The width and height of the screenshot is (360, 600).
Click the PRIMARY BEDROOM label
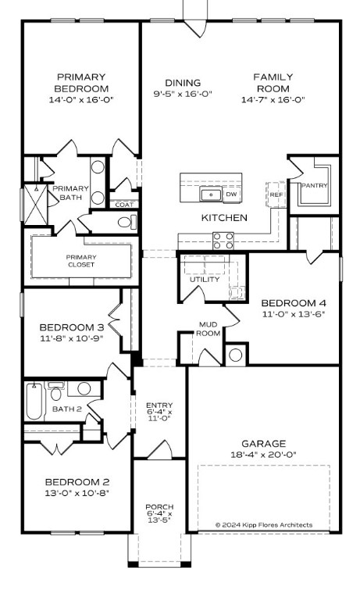(80, 82)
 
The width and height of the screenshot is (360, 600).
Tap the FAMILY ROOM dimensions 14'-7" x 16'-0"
(273, 99)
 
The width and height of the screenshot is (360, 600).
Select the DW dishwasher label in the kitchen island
(231, 195)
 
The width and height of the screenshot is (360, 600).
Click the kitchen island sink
(209, 195)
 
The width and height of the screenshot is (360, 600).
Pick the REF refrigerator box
(276, 194)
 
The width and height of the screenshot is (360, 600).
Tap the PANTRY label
(314, 185)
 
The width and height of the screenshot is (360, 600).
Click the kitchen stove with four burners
(223, 241)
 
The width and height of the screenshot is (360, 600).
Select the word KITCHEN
(224, 217)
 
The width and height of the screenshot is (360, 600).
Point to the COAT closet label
(125, 205)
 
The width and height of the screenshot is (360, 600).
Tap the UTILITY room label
(205, 280)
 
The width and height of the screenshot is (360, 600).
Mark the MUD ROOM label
(209, 329)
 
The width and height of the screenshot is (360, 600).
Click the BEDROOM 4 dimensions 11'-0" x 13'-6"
(293, 314)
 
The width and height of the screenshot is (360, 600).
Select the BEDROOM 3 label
(72, 327)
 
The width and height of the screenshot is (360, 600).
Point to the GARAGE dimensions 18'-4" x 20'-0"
(263, 454)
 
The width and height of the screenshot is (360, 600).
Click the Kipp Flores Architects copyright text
(264, 524)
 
